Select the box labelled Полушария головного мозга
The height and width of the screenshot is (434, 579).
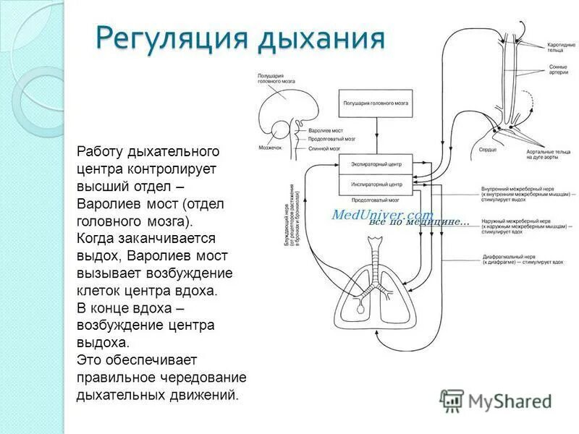tap(376, 103)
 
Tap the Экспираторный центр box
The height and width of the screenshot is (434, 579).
tap(376, 164)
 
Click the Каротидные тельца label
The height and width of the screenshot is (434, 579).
tap(561, 47)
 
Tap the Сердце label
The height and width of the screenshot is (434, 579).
tap(487, 150)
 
